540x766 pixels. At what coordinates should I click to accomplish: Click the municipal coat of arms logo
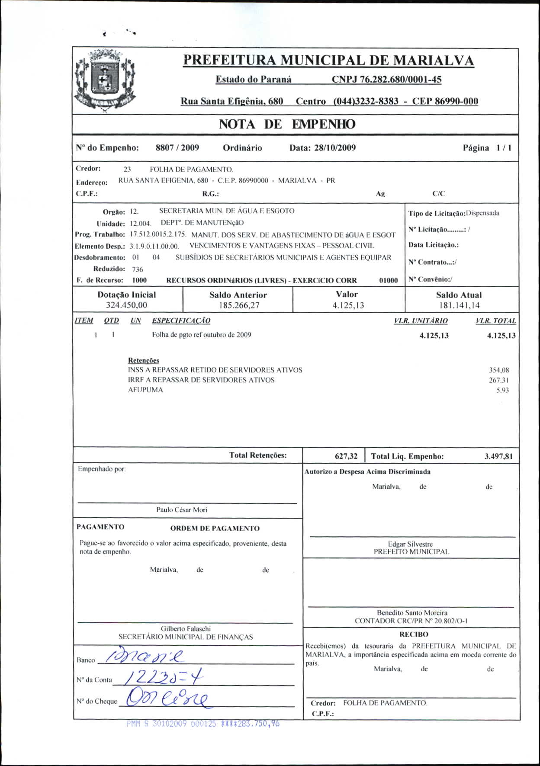coord(105,80)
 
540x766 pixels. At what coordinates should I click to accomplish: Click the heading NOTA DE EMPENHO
coord(287,124)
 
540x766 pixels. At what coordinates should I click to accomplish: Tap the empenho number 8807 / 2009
coord(177,148)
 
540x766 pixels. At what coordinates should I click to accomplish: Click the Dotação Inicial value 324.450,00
coord(126,305)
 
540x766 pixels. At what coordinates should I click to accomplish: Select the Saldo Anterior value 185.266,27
coord(239,305)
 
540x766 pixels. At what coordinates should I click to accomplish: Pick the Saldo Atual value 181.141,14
coord(459,305)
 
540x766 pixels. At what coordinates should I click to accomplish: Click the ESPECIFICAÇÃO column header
coord(181,321)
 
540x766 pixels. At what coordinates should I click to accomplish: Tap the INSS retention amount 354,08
coord(498,370)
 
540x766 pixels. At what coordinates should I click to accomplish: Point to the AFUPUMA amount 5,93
coord(502,390)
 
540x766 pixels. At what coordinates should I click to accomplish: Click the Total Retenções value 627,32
coord(346,456)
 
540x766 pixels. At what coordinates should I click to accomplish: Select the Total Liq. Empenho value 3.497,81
coord(498,456)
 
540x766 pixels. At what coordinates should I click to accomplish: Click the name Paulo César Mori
coord(182,510)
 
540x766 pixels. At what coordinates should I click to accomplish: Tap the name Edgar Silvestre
coord(410,544)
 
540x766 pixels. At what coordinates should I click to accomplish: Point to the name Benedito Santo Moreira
coord(412,612)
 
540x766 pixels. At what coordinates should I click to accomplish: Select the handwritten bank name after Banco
coord(143,657)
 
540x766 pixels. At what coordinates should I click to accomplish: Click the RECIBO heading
coord(414,635)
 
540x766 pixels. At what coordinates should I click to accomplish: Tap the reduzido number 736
coord(138,269)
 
